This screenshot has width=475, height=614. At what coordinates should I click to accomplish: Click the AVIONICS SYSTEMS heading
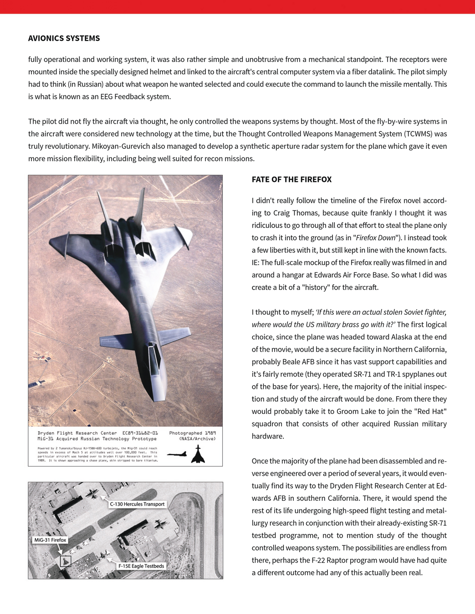tap(64, 38)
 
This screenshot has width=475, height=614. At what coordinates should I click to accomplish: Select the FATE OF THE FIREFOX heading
tap(291, 179)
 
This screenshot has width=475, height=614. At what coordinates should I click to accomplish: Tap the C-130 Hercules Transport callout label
tap(137, 504)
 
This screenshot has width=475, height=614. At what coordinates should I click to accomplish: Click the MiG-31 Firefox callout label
tap(50, 540)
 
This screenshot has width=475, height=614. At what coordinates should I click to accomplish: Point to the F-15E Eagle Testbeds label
tap(141, 566)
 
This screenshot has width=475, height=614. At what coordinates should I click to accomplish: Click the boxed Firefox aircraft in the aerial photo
tap(66, 561)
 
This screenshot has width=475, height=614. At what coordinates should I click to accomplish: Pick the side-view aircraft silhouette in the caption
tap(177, 454)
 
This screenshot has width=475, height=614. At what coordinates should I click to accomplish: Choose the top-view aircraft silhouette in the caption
tap(198, 454)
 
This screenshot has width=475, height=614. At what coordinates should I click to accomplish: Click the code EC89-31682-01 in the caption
tap(140, 433)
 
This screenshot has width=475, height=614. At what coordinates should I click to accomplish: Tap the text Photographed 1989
tap(192, 433)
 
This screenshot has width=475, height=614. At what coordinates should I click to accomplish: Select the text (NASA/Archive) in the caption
tap(197, 439)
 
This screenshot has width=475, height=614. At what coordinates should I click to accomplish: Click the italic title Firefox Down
tap(376, 237)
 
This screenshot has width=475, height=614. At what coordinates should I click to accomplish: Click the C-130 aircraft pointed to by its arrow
tap(93, 493)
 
